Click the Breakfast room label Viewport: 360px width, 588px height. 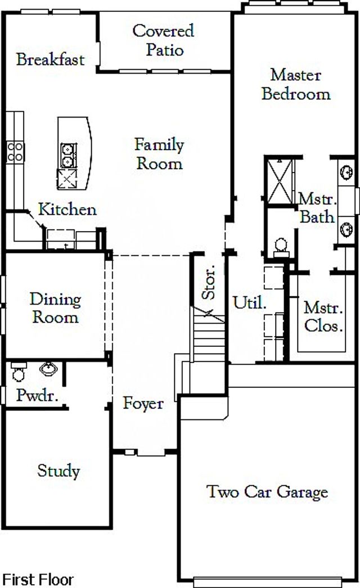pos(50,60)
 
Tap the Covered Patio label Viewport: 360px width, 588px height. pos(163,40)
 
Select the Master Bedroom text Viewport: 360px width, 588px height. pos(296,84)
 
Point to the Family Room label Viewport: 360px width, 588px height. pos(160,154)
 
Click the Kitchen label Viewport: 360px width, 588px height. pos(67,210)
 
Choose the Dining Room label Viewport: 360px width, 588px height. pos(55,308)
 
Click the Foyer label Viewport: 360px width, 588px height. pos(143,403)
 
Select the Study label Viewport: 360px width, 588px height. pos(58,471)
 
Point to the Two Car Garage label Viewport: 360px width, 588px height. pos(267,492)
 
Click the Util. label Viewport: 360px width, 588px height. pos(249,304)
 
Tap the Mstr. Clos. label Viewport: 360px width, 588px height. pos(323,316)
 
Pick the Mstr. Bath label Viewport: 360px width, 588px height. pos(317,208)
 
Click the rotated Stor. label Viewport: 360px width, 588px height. pos(209,282)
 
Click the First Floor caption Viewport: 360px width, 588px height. pos(38,579)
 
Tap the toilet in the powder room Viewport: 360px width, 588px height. pos(19,372)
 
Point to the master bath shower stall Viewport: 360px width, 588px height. pos(279,180)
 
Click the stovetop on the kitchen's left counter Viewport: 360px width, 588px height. pos(15,151)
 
